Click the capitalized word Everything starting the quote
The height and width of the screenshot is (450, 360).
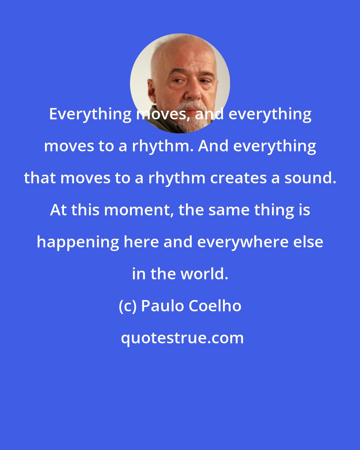pos(90,114)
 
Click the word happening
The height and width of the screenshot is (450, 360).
pos(78,242)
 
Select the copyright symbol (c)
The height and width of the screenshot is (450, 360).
pos(128,306)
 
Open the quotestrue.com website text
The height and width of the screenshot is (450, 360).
pos(182,338)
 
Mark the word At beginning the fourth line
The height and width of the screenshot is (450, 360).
pos(58,210)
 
